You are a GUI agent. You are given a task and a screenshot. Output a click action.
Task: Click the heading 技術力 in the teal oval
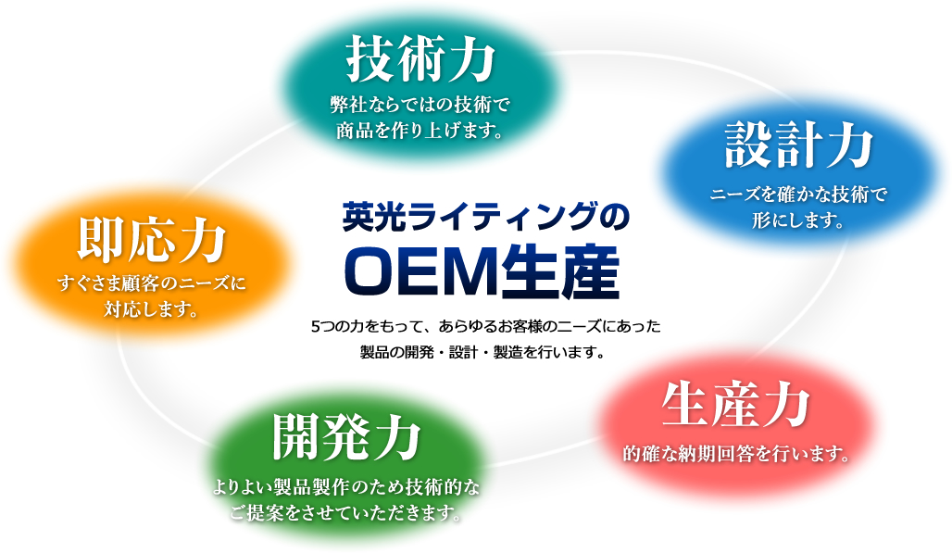point(420,58)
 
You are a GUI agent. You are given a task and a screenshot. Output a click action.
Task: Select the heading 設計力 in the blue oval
point(799,146)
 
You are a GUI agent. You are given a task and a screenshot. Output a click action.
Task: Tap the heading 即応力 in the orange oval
point(152,240)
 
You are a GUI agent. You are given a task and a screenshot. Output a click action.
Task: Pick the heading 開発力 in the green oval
point(346,436)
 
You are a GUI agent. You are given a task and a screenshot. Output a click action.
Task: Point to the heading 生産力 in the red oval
point(736,405)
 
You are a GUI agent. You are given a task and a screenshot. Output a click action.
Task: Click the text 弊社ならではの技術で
point(420,105)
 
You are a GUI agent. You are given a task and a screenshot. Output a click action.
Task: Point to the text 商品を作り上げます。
point(420,130)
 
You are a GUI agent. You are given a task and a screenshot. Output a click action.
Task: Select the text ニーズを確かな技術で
point(799,195)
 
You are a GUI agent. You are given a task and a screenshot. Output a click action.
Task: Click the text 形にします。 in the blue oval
point(799,220)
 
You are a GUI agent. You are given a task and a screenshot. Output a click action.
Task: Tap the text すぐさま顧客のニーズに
point(152,283)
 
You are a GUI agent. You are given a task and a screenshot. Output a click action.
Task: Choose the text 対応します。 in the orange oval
point(152,309)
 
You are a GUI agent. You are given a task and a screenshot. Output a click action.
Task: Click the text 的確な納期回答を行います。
point(737,454)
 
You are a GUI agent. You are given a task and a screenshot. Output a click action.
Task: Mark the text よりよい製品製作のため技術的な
point(346,487)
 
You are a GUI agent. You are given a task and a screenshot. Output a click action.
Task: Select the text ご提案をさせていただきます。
point(346,513)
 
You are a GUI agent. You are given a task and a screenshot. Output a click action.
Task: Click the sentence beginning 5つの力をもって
point(485,326)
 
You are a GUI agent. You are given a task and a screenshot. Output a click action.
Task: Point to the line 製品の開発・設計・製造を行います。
point(482,352)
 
